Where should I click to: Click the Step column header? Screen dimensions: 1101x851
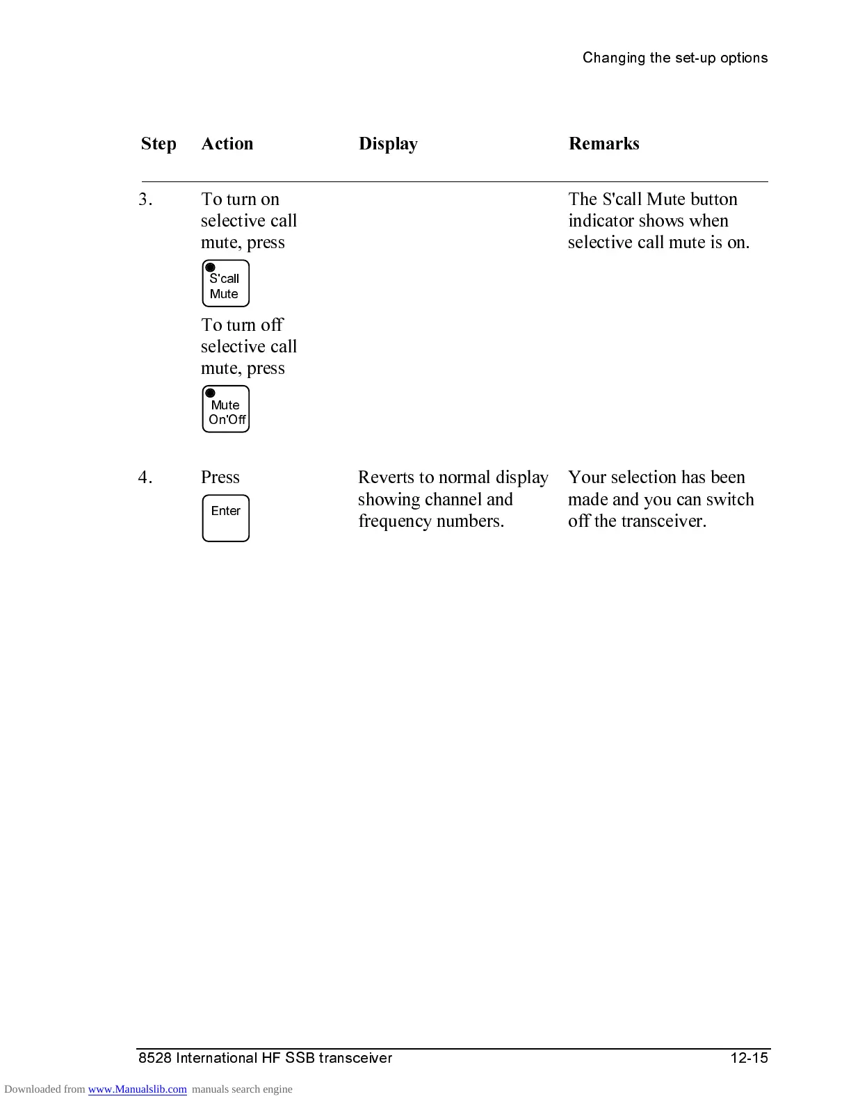pos(159,144)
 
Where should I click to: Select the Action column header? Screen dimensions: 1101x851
pos(227,144)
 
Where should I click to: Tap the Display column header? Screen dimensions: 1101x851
pos(388,144)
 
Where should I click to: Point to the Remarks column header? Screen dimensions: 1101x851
pos(603,144)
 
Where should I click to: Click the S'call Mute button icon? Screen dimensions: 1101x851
pos(225,284)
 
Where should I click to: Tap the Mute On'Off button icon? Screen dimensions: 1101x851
pos(225,409)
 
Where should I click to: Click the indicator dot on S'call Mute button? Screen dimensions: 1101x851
pos(211,268)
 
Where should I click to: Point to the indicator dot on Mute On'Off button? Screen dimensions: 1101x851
pos(211,393)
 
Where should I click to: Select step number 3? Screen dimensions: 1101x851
pos(145,199)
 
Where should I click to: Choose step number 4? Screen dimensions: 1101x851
pos(145,478)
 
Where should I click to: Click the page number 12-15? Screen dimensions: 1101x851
pos(749,1058)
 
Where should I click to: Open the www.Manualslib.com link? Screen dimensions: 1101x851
pos(137,1089)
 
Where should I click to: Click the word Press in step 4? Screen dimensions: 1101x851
pos(220,478)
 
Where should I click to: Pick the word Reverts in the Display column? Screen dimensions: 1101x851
pos(386,478)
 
